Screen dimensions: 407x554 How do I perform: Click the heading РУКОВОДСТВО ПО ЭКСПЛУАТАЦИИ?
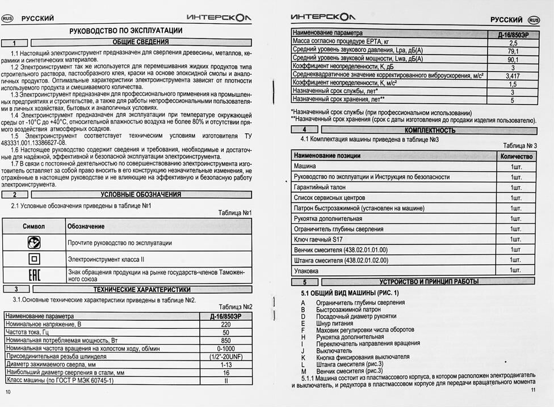126,31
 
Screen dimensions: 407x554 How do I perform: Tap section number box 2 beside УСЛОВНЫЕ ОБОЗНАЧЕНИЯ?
16,194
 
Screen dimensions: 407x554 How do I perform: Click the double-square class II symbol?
33,259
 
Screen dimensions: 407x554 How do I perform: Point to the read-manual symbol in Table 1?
33,243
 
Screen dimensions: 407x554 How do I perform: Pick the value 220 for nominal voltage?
225,324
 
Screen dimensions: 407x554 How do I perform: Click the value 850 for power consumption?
225,340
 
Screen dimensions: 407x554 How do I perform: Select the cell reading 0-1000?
225,349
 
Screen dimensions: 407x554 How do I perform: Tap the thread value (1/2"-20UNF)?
225,357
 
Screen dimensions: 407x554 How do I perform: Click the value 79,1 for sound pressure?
513,51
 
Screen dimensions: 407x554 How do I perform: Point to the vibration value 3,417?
513,75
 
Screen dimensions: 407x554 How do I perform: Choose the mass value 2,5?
513,43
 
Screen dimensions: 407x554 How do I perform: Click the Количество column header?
516,156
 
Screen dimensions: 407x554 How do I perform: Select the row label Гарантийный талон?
319,187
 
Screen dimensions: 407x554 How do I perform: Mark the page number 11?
532,390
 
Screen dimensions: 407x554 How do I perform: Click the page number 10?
8,392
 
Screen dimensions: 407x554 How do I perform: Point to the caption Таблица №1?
235,213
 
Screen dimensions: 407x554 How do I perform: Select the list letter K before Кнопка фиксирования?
303,357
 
